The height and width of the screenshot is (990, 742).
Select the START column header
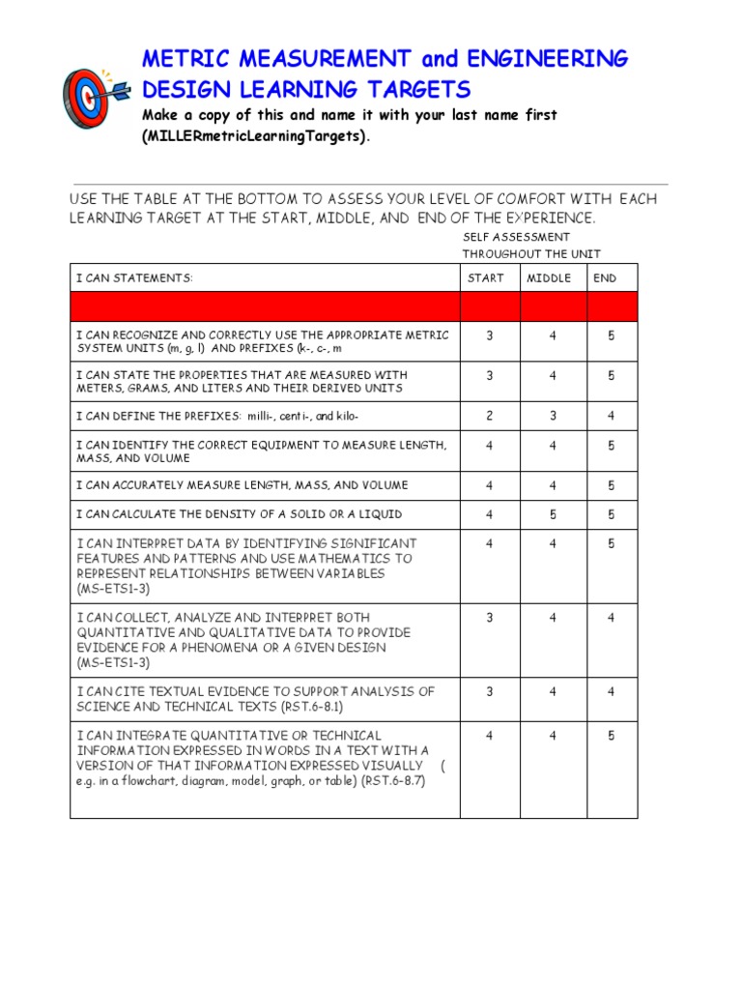point(485,278)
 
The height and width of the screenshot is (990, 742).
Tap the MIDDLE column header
point(549,278)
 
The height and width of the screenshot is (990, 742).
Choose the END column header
point(605,278)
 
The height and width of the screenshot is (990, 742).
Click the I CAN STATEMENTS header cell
point(134,278)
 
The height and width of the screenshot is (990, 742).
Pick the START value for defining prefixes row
point(490,417)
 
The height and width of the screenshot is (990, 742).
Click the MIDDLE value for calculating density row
point(553,514)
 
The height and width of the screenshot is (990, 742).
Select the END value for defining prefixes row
point(611,417)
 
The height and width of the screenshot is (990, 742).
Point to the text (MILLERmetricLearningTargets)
point(255,136)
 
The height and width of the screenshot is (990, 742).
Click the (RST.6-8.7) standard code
point(393,781)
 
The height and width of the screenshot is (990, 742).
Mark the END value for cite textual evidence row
point(611,692)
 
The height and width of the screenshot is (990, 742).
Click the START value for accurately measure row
point(490,485)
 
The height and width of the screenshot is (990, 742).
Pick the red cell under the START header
point(490,306)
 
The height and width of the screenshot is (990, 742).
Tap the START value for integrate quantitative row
point(490,736)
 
